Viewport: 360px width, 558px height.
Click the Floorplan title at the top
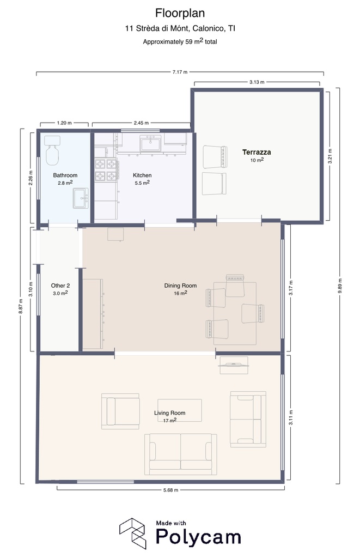coord(180,13)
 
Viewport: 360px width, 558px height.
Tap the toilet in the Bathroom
coord(52,150)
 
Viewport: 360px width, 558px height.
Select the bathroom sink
coord(81,198)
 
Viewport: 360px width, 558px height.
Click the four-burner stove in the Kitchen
coord(106,170)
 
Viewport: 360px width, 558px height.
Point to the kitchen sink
coord(151,144)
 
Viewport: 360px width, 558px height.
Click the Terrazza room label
coord(257,153)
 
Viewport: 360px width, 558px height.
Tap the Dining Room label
coord(180,286)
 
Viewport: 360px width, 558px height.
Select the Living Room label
coord(170,413)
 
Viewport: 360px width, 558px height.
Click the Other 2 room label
coord(60,286)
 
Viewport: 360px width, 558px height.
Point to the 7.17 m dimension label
coord(180,72)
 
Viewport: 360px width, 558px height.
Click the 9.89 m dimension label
coord(340,286)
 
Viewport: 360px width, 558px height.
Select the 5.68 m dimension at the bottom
coord(171,490)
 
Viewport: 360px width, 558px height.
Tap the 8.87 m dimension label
coord(21,306)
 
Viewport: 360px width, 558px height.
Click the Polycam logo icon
coord(133,533)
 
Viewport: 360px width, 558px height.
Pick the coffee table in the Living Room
coord(180,410)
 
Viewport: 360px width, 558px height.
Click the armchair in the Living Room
coord(120,411)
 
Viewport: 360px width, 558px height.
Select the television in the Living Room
coord(234,365)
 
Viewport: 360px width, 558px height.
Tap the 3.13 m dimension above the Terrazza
coord(257,82)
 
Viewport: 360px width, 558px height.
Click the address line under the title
coord(180,28)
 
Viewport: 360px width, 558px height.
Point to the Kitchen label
coord(142,175)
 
